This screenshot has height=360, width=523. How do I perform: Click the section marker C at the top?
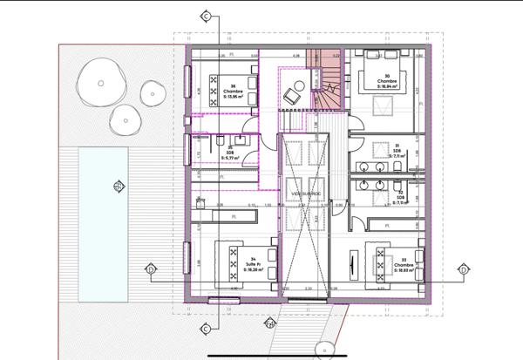click(x=206, y=17)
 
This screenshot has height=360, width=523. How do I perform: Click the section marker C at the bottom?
click(x=206, y=329)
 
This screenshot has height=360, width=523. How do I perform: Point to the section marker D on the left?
click(x=150, y=268)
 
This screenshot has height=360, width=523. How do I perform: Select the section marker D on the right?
click(x=463, y=269)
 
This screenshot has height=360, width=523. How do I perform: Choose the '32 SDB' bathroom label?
click(x=397, y=197)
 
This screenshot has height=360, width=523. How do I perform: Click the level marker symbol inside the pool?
click(x=117, y=185)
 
